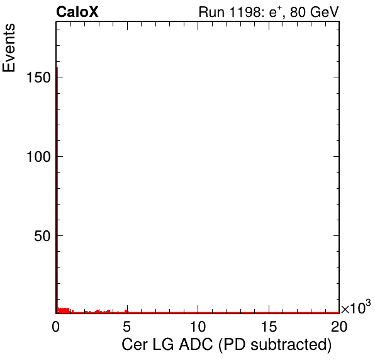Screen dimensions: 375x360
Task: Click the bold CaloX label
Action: tap(77, 12)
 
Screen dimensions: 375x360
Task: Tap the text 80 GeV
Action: tap(315, 12)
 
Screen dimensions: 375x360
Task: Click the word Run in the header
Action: tap(212, 12)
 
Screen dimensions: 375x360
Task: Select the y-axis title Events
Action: tap(9, 48)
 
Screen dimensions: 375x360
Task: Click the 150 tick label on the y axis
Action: tap(38, 77)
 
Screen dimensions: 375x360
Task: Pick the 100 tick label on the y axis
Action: tap(38, 157)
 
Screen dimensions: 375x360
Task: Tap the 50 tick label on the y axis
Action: tap(42, 236)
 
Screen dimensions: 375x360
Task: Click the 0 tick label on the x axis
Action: tap(56, 326)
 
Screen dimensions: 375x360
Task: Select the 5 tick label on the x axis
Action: tap(126, 326)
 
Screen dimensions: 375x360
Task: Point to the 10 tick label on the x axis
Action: tap(198, 326)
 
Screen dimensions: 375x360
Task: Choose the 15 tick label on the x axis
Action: tap(269, 326)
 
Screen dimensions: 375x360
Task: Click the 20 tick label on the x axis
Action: tap(339, 326)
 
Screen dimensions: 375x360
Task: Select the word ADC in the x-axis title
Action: tap(196, 344)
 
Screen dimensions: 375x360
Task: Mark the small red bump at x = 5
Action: tap(126, 311)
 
